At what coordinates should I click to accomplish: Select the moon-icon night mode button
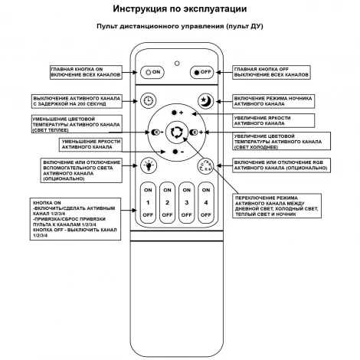pyautogui.click(x=205, y=100)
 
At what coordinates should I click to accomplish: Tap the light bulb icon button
pyautogui.click(x=149, y=164)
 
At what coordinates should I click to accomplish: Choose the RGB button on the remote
pyautogui.click(x=205, y=164)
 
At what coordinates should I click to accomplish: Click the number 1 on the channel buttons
pyautogui.click(x=149, y=202)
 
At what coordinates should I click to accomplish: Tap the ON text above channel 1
pyautogui.click(x=149, y=189)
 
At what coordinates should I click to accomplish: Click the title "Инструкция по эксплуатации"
pyautogui.click(x=179, y=9)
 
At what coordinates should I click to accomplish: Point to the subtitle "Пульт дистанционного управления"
pyautogui.click(x=179, y=28)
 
